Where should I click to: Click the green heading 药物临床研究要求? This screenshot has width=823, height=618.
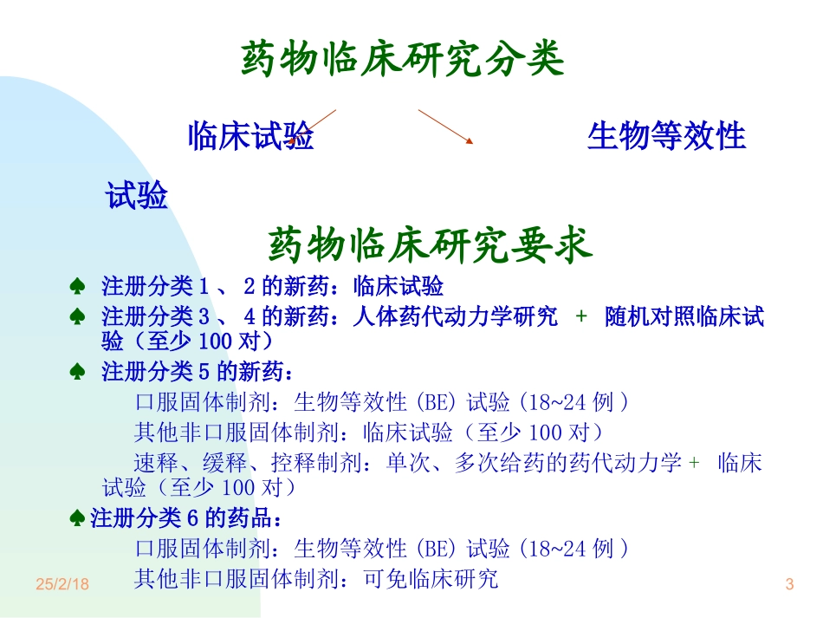pos(430,245)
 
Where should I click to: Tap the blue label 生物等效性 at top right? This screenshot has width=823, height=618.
pos(666,136)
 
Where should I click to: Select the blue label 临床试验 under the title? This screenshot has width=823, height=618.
pos(251,136)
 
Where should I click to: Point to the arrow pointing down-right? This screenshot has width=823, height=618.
pos(446,126)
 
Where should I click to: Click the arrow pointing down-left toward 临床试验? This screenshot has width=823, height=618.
pos(313,127)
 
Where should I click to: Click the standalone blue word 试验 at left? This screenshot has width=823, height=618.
pos(137,196)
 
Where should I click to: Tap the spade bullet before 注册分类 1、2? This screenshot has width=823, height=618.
pos(78,287)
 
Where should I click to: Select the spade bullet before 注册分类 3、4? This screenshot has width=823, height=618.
pos(78,317)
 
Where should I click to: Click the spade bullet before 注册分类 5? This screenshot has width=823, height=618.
pos(78,373)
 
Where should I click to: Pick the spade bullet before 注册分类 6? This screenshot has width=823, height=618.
pos(78,519)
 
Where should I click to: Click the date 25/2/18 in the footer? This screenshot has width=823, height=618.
pos(62,585)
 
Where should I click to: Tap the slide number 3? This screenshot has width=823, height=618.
pos(789,585)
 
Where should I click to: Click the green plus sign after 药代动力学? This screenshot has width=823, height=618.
pos(693,462)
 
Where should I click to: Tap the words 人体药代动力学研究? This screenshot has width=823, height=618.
pos(456,317)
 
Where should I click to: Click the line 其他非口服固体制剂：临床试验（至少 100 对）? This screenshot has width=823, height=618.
pos(368,432)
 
